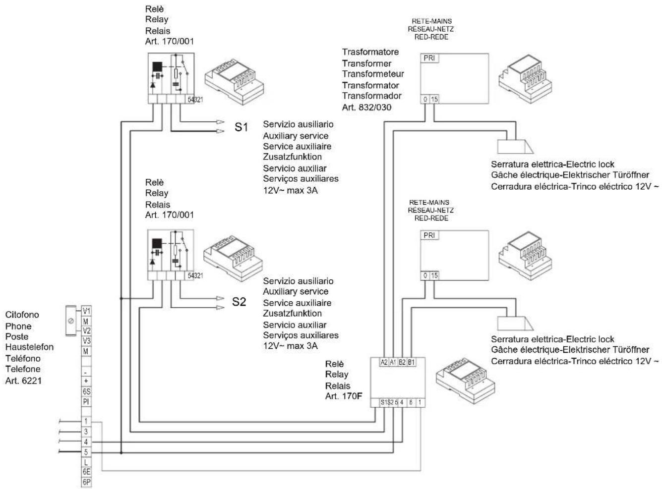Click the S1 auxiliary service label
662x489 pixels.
(241, 127)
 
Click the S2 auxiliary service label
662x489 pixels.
(239, 302)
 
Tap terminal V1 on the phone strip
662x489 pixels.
(86, 311)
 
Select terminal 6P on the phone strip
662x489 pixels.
(86, 482)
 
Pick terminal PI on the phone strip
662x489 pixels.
(86, 402)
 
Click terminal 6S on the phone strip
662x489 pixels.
(86, 391)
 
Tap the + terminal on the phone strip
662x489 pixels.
(86, 381)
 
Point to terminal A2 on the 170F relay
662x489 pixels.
(384, 362)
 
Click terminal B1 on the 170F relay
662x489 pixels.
(411, 362)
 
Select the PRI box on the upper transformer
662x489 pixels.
(429, 58)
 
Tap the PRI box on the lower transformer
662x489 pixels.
(429, 235)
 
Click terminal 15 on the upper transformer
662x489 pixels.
(434, 99)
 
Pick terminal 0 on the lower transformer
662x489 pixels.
(425, 275)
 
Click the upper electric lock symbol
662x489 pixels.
(515, 147)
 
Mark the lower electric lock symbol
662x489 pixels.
(515, 323)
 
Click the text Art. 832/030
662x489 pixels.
(366, 108)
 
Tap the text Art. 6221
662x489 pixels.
(23, 381)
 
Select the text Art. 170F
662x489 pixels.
(344, 396)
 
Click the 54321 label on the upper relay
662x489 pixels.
(195, 100)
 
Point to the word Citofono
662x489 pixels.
(22, 315)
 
